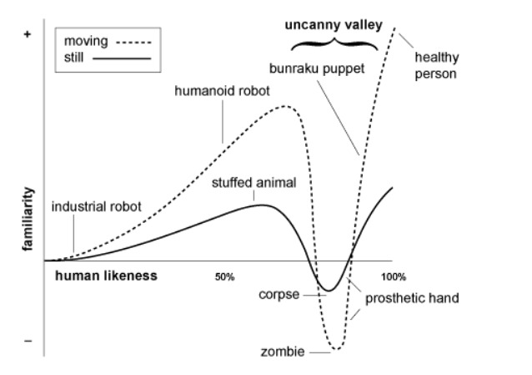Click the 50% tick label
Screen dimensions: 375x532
[225, 276]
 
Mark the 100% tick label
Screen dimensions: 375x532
[392, 276]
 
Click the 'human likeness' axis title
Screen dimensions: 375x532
[107, 276]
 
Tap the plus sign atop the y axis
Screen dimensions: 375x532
[28, 36]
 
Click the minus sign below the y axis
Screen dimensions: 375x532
[28, 342]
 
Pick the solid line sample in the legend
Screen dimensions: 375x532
[121, 59]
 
